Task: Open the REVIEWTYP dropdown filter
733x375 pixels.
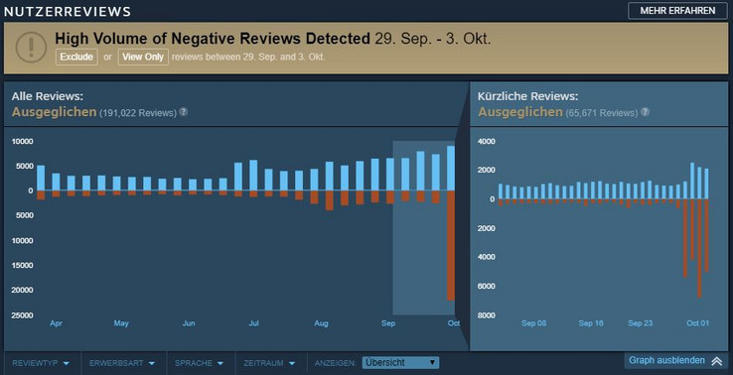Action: (x=40, y=363)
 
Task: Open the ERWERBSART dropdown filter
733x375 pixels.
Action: (x=121, y=363)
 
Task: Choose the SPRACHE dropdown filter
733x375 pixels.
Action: (x=199, y=363)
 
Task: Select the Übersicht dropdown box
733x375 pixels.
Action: (x=400, y=363)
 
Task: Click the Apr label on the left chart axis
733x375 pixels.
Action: (x=56, y=323)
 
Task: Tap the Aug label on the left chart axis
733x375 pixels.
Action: (x=321, y=323)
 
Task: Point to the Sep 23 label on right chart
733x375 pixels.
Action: (x=641, y=323)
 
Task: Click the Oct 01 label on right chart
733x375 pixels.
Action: (x=697, y=323)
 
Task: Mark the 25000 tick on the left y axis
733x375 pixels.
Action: (x=21, y=315)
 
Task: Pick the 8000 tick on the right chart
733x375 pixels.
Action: (x=487, y=315)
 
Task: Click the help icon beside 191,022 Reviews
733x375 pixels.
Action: (x=184, y=112)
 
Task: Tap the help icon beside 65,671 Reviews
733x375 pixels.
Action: (x=644, y=112)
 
